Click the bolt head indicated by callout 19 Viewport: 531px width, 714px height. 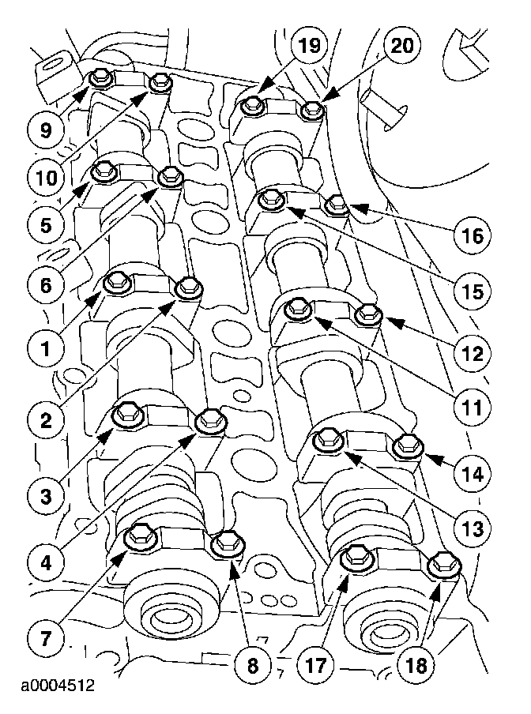253,103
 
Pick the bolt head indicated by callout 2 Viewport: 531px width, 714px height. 187,287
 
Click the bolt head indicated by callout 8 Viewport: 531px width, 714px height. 228,542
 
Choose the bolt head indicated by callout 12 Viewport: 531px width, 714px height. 368,314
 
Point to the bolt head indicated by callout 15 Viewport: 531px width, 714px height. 272,200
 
